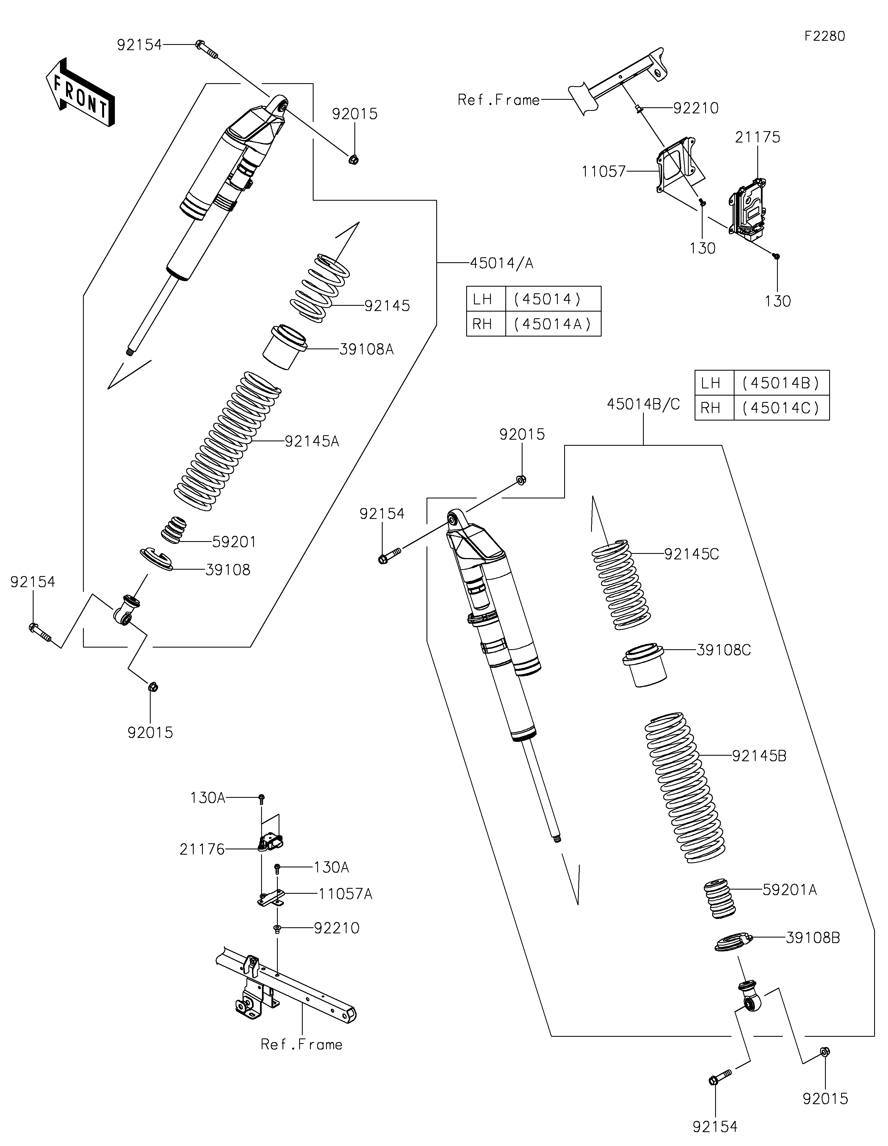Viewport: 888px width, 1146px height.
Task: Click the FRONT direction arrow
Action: (x=80, y=92)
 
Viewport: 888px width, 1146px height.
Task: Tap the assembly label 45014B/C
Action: (x=643, y=404)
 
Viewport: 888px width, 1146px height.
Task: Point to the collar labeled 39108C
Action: (x=644, y=665)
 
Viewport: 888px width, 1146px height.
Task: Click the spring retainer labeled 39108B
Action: (x=734, y=941)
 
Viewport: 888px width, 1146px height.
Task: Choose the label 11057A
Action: (x=345, y=894)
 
